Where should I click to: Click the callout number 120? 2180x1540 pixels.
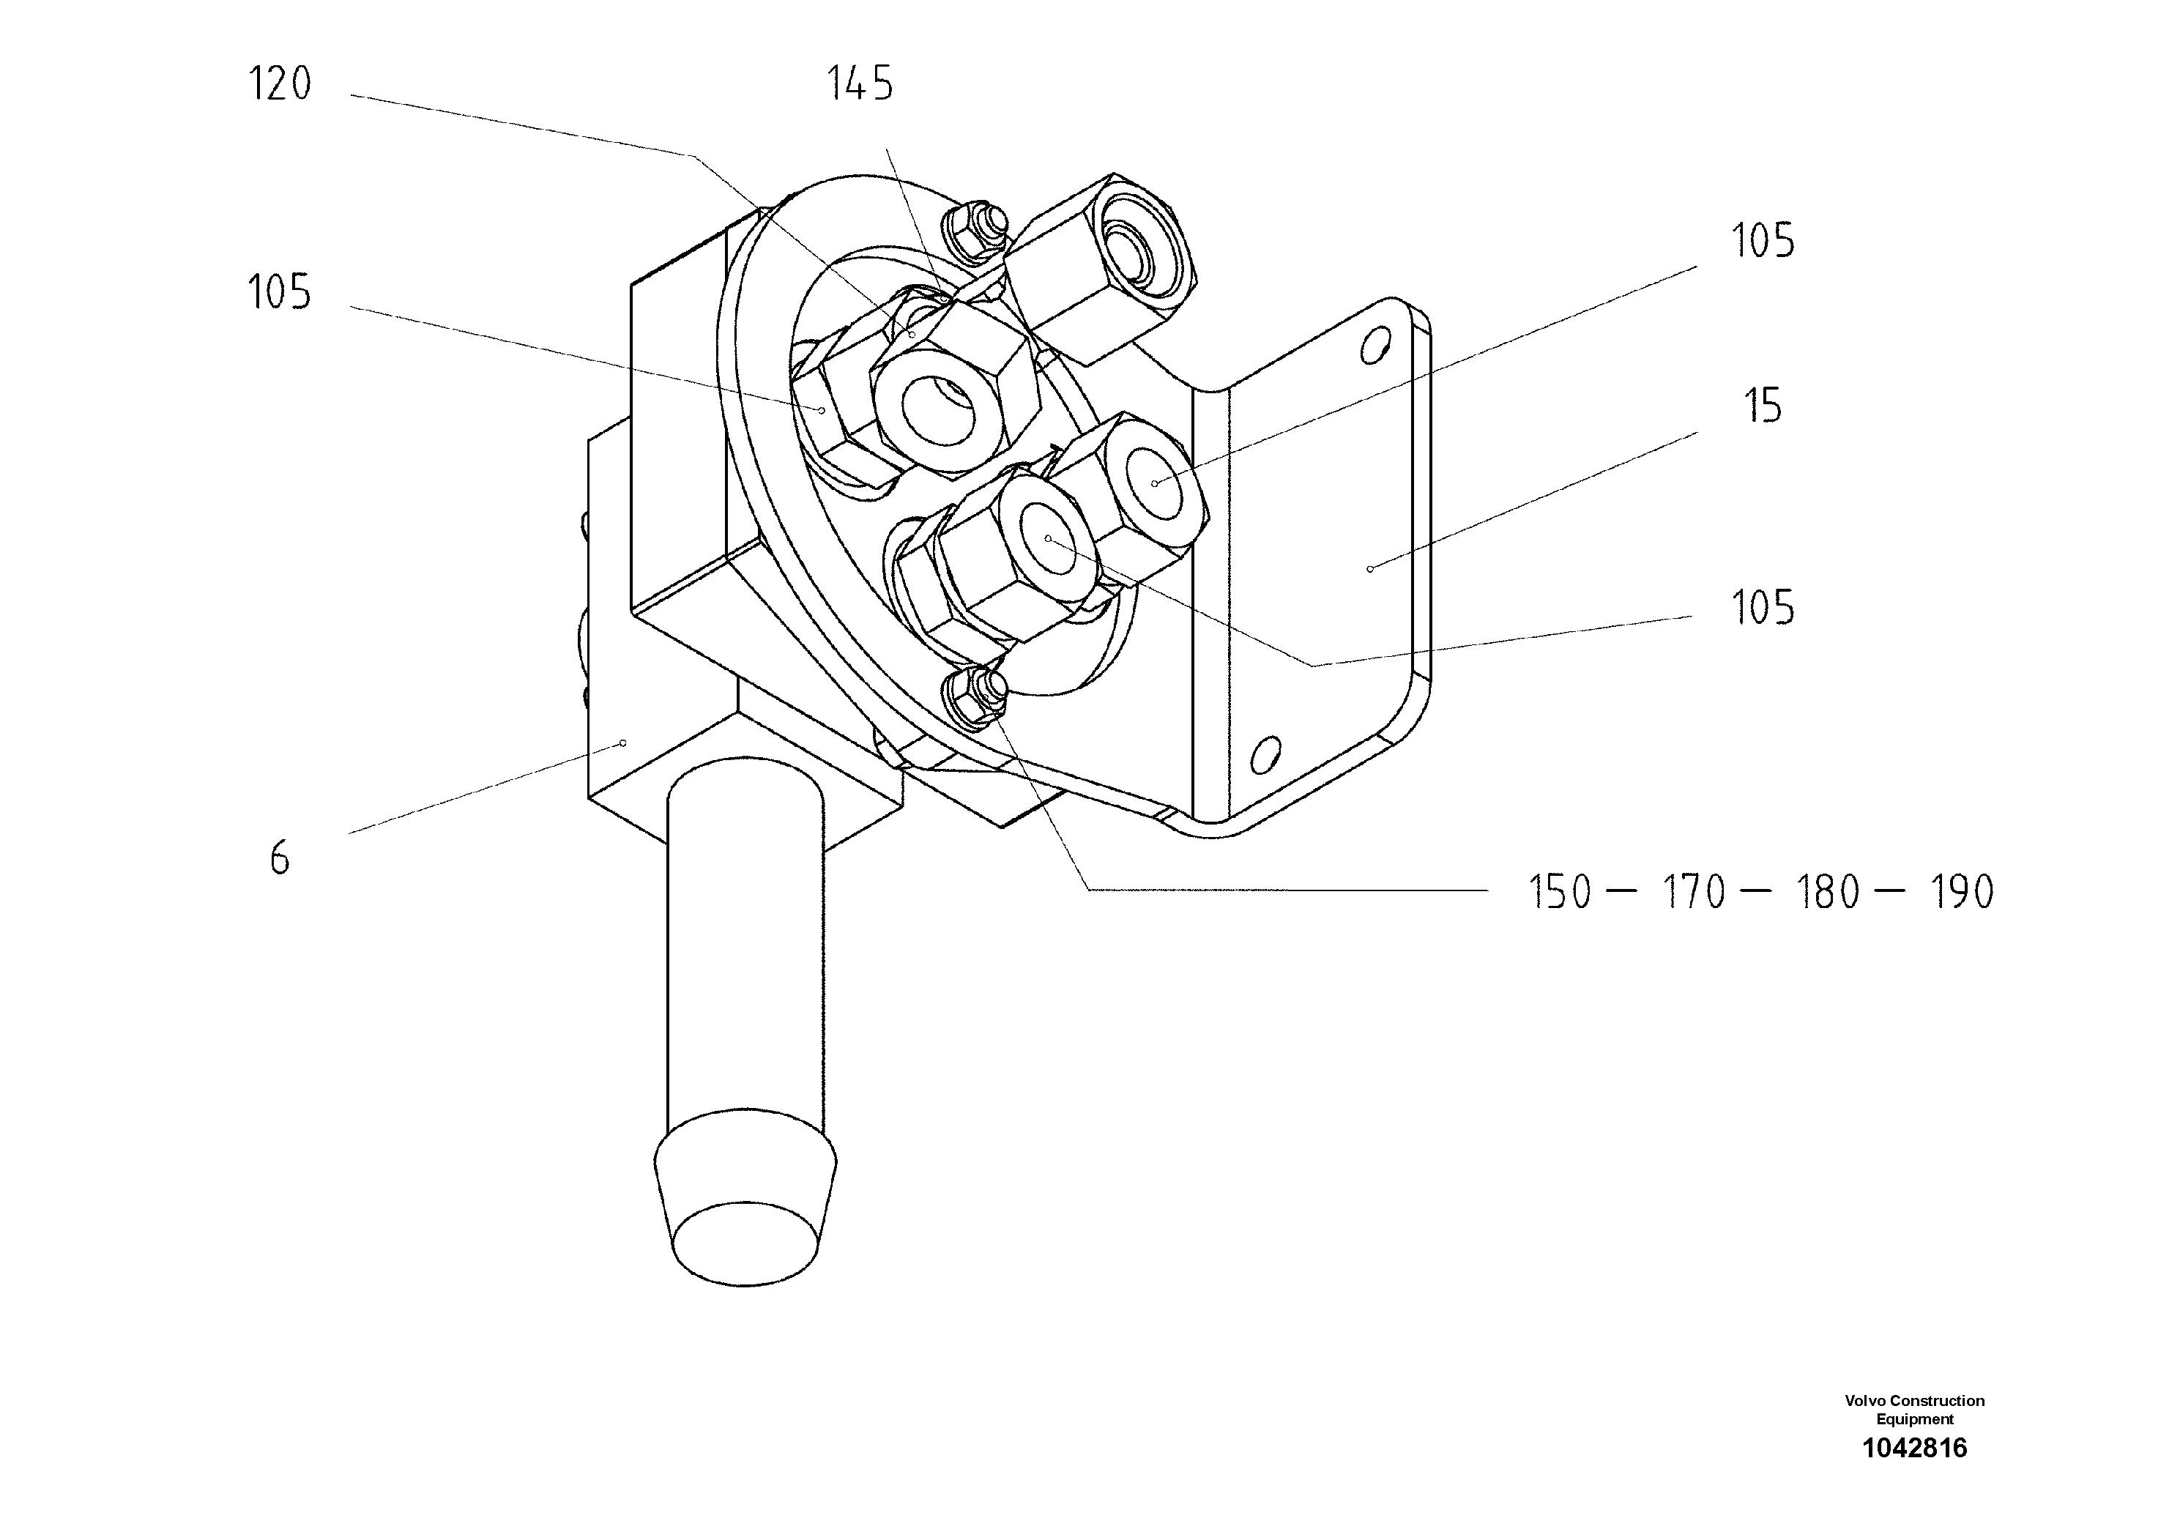pos(279,83)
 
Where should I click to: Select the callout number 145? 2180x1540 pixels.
pos(859,84)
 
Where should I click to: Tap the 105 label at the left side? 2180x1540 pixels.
pos(279,292)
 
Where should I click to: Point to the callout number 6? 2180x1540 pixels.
pos(279,858)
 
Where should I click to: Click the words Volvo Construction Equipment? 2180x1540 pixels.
pos(1914,1409)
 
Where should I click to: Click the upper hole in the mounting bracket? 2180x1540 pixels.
pos(1370,348)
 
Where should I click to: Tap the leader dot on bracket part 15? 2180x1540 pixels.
pos(1370,569)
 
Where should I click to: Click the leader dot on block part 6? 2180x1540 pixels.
pos(623,743)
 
